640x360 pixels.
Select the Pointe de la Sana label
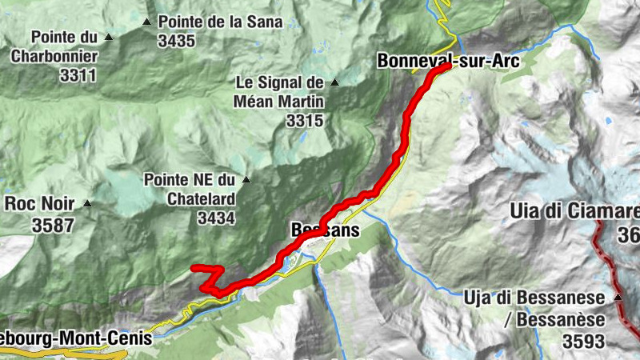[220, 22]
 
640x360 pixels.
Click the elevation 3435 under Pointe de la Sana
[177, 41]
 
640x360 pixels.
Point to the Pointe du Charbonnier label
[65, 46]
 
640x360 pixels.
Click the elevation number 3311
[78, 76]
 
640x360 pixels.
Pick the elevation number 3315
[303, 121]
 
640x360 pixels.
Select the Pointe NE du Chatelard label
[190, 189]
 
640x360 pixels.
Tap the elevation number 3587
[54, 226]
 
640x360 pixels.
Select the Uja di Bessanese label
[534, 298]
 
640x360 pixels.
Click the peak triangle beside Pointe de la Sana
[146, 22]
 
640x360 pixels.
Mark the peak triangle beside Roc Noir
[87, 203]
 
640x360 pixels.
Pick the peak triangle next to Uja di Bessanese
[618, 298]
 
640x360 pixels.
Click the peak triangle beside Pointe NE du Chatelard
[246, 179]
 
